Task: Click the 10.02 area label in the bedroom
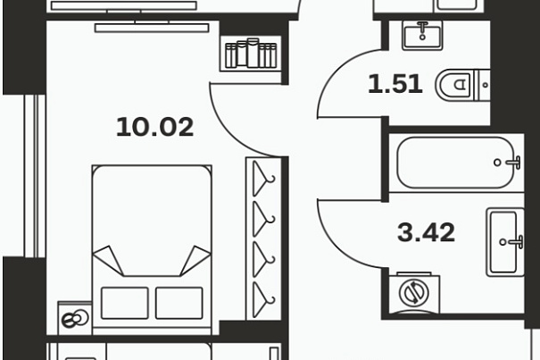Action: point(155,127)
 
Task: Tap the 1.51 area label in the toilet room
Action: point(395,84)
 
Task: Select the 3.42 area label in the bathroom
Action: point(426,232)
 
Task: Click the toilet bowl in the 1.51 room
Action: point(454,85)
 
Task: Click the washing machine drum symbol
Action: point(414,293)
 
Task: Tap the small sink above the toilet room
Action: point(422,35)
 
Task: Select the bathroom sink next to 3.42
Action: point(505,242)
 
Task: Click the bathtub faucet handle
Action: point(514,162)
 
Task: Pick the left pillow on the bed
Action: point(125,303)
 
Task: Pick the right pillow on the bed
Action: point(179,303)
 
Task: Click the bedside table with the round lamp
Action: point(75,319)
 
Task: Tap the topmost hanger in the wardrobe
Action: point(263,179)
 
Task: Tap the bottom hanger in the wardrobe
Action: point(263,299)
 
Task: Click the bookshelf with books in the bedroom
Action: point(251,54)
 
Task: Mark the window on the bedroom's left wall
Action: point(35,176)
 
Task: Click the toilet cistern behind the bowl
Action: point(482,85)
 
